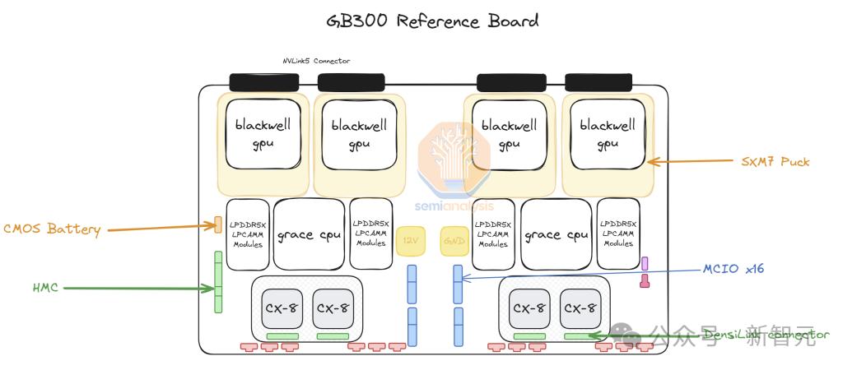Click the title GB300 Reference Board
coord(421,21)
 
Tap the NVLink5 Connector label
coord(315,61)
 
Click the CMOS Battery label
coord(52,229)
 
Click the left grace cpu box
coord(308,234)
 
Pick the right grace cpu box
coord(556,234)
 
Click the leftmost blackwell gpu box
coord(263,135)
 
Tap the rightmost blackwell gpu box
coord(608,135)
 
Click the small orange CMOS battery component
coord(217,224)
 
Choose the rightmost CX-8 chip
coord(580,308)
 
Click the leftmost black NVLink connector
coord(263,82)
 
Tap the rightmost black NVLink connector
coord(598,82)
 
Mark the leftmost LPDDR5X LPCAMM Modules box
coord(247,234)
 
